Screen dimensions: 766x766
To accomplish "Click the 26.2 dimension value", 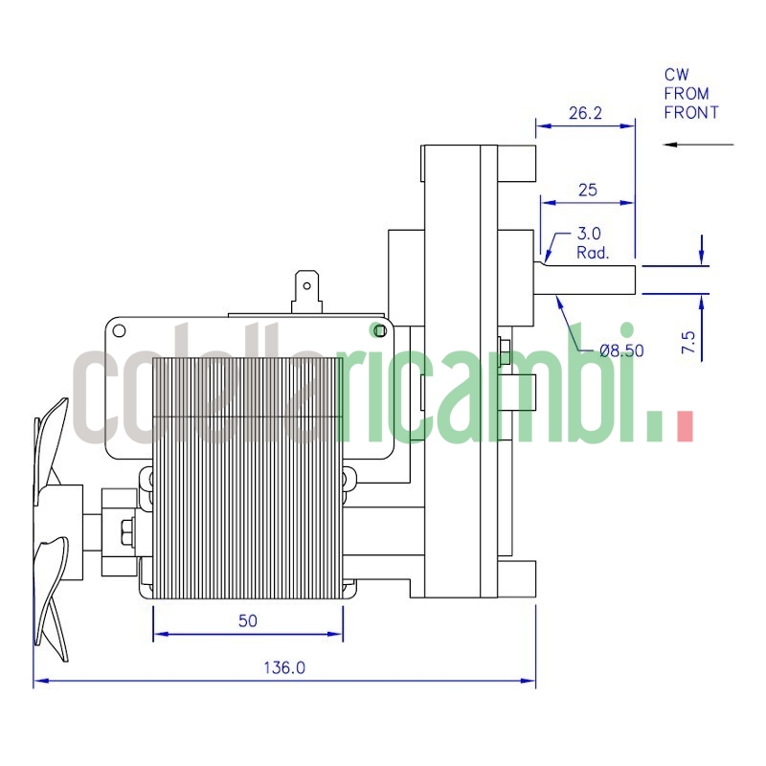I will [584, 113].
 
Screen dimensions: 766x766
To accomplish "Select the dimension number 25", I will [587, 191].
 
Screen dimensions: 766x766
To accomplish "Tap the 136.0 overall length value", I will [284, 668].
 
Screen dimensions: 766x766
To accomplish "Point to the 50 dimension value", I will [247, 620].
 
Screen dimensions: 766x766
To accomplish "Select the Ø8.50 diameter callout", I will [621, 350].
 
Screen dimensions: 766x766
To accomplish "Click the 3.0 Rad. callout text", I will [588, 243].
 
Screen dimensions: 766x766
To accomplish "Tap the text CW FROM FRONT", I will [690, 93].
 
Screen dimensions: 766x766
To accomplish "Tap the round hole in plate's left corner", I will [120, 331].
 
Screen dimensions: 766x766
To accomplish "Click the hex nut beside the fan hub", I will [125, 529].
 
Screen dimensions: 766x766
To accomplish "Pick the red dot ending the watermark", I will [684, 426].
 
